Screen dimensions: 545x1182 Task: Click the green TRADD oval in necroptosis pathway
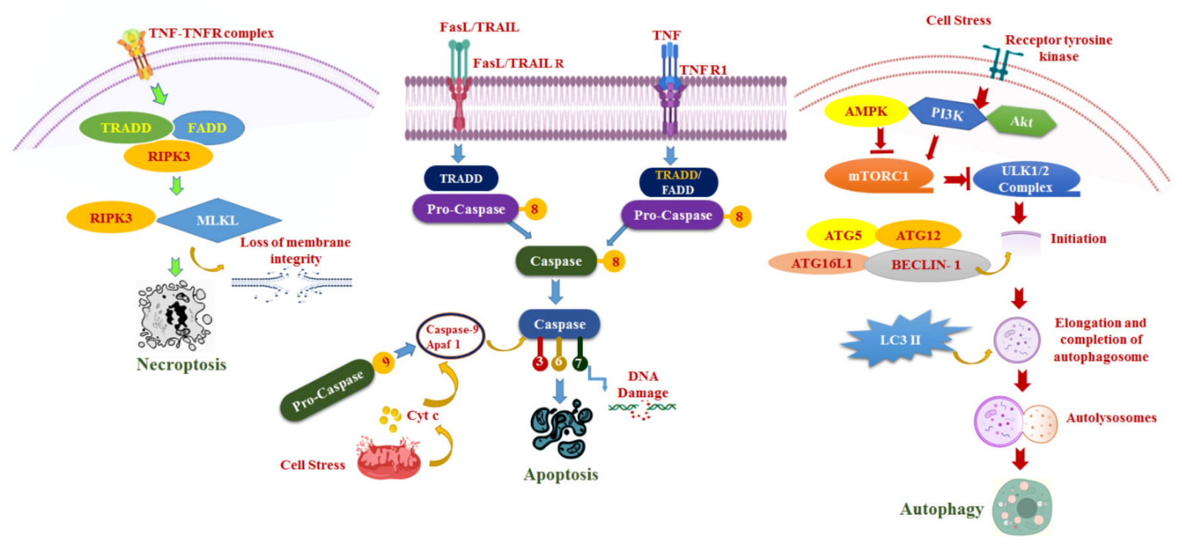[125, 127]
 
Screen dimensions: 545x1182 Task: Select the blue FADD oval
[208, 128]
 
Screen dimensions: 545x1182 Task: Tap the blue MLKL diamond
[218, 220]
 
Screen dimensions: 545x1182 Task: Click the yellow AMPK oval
[866, 112]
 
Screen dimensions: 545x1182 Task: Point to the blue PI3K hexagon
[947, 114]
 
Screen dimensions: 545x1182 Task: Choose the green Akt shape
[1021, 122]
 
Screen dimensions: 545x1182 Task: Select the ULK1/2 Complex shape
[1025, 179]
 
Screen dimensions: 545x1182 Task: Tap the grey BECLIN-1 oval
[926, 265]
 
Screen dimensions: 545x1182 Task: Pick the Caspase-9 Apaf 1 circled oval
[450, 337]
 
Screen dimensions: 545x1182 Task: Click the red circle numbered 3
[540, 362]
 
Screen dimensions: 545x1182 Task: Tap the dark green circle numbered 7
[580, 362]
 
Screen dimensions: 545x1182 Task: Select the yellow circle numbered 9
[384, 362]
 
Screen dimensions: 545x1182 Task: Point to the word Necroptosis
[181, 364]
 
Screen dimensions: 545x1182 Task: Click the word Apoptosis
[561, 474]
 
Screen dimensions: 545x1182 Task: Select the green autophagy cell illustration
[1022, 507]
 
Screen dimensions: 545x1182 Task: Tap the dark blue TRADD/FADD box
[678, 183]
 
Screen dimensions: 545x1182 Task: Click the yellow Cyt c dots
[390, 418]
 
